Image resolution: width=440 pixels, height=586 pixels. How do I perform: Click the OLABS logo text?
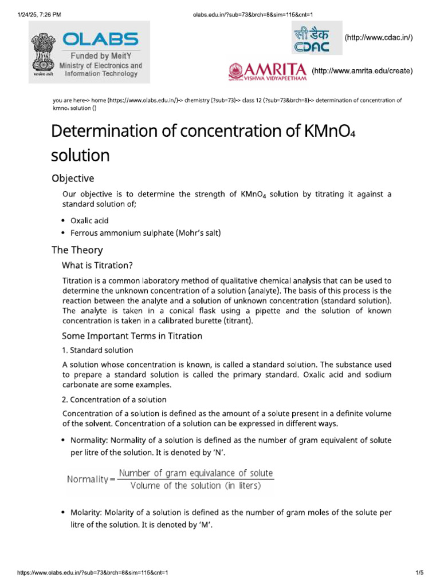point(100,39)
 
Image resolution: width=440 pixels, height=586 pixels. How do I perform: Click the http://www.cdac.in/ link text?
point(378,38)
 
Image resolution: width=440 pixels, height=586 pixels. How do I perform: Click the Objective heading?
point(73,178)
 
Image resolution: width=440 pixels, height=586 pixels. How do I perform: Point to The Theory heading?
point(77,250)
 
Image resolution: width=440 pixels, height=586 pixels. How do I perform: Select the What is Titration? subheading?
point(97,265)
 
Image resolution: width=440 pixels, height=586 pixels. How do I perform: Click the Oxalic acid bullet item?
point(89,220)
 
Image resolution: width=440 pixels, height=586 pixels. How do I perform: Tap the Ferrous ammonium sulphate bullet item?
point(145,233)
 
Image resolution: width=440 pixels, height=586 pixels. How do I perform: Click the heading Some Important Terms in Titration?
point(132,336)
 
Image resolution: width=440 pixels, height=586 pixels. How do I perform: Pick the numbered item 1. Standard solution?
point(97,350)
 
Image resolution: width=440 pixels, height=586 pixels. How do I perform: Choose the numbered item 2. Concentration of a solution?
point(114,399)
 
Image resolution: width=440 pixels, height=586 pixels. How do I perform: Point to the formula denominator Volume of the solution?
point(195,486)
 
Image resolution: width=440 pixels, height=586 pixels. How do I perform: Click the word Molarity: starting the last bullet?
point(87,512)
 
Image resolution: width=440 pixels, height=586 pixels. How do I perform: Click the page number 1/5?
point(419,572)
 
